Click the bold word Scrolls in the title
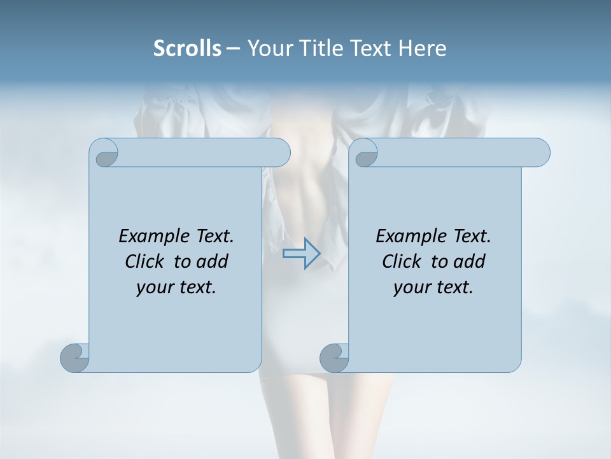187,48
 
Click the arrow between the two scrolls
301,253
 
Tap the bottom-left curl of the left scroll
74,357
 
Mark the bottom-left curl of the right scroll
334,357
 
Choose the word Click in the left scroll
146,261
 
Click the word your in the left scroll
153,288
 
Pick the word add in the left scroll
212,261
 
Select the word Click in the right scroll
403,261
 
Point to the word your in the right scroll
411,288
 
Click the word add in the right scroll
469,261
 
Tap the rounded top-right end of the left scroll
280,152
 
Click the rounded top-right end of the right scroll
540,152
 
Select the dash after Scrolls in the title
233,48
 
